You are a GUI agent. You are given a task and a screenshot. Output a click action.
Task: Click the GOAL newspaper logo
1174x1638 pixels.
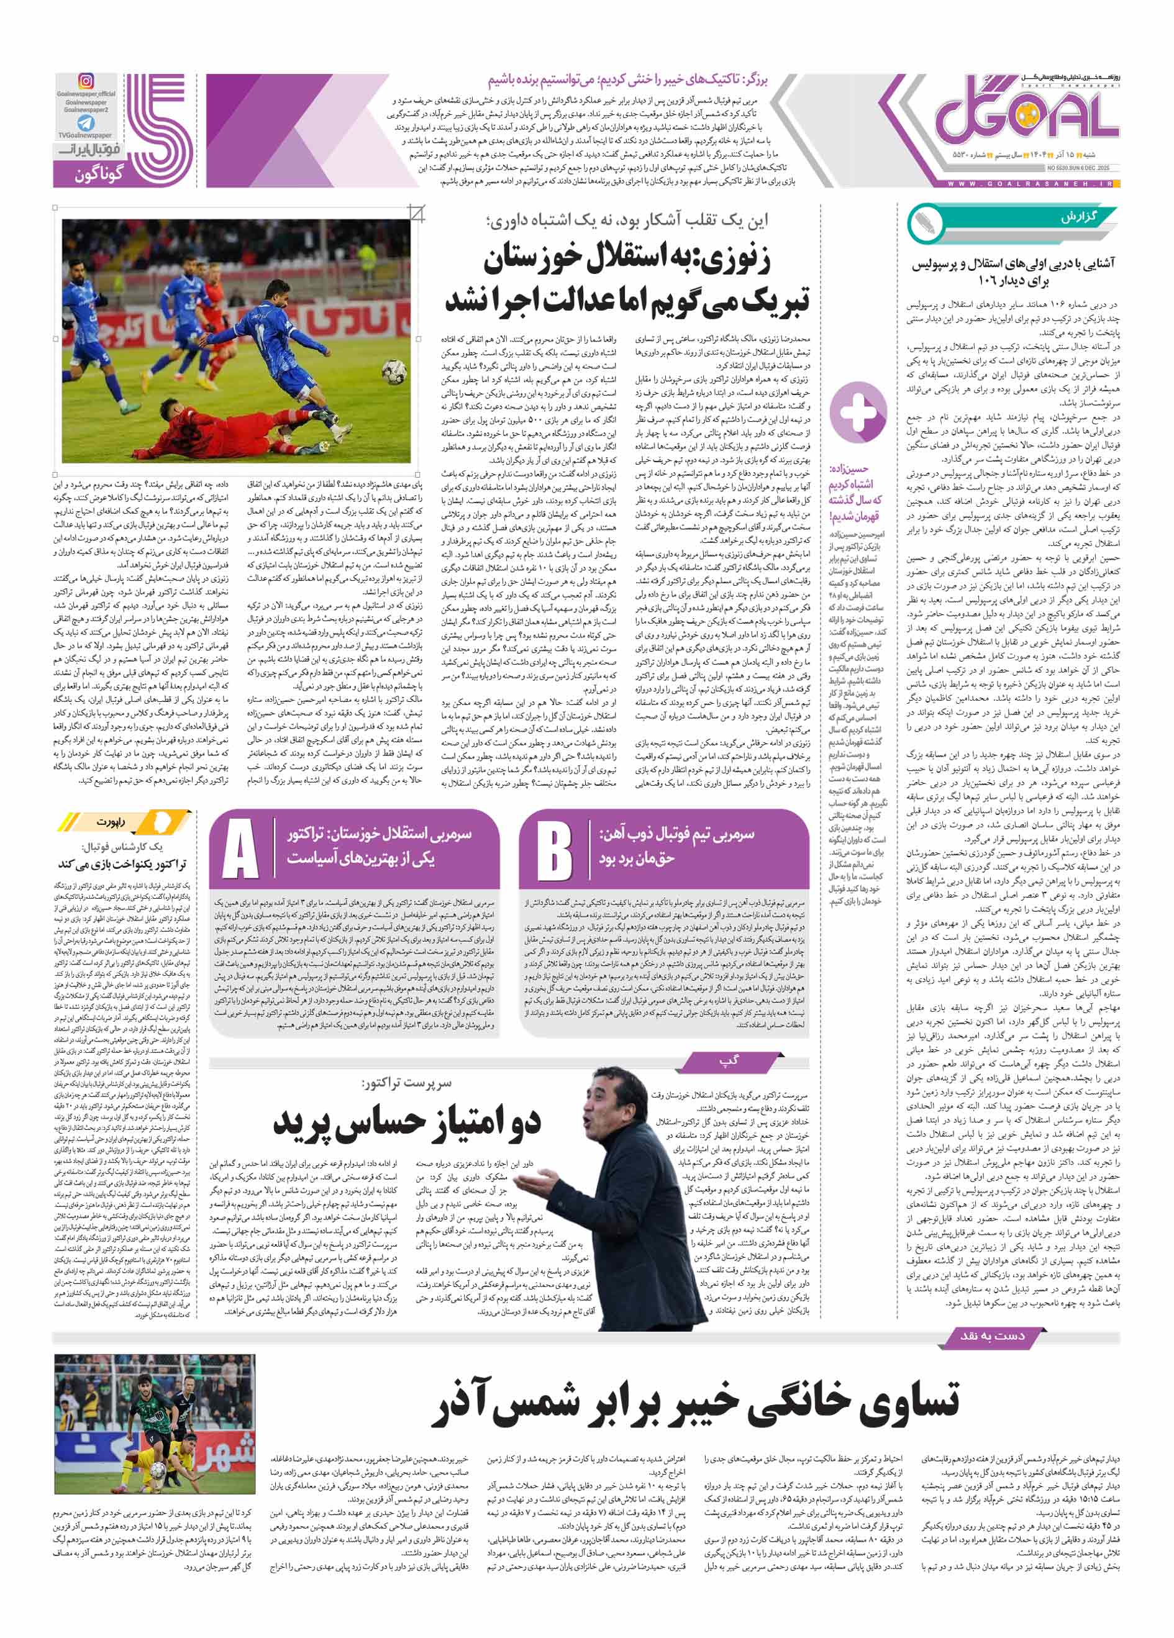click(1026, 116)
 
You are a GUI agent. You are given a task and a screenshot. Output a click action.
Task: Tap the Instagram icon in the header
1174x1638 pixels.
click(86, 81)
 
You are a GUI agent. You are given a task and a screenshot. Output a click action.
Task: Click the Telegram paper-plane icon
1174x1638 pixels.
click(86, 123)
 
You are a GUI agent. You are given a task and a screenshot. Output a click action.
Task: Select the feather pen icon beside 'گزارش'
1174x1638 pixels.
click(926, 223)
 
